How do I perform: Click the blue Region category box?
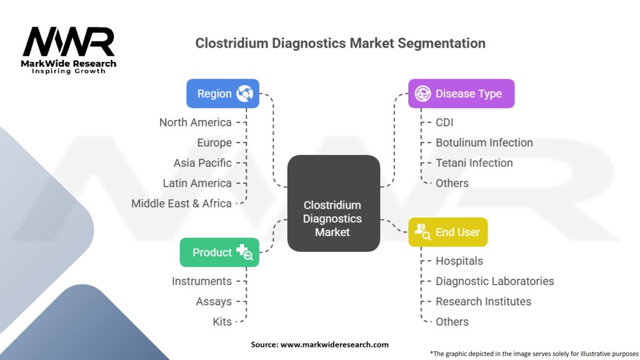click(222, 94)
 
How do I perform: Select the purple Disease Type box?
click(461, 94)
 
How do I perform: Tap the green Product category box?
click(219, 252)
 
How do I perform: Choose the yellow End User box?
click(448, 232)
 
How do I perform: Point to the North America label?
click(195, 122)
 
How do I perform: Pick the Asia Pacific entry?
click(202, 163)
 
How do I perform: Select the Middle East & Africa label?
click(181, 203)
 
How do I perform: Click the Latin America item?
click(197, 183)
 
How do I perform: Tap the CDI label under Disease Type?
click(445, 122)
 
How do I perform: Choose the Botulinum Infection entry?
click(484, 142)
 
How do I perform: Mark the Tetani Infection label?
click(474, 163)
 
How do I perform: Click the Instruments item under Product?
click(202, 281)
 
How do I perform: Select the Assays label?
click(214, 301)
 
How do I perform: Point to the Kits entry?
click(222, 322)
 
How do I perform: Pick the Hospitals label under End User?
click(459, 261)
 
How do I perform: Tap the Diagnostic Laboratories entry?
click(495, 281)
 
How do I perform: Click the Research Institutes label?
click(484, 301)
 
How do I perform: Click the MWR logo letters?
click(69, 42)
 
